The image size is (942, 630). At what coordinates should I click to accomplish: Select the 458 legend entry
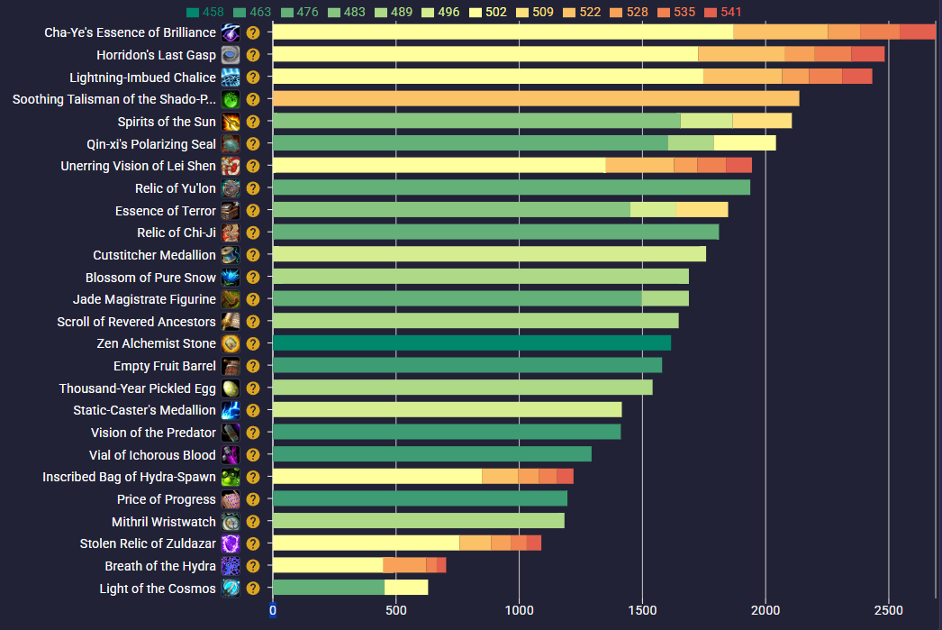[205, 12]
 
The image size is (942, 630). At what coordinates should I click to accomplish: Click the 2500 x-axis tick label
[888, 609]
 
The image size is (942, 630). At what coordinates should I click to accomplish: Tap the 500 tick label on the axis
[395, 609]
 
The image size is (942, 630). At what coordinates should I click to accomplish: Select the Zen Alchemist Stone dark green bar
[471, 343]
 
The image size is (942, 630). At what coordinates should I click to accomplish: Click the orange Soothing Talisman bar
[535, 99]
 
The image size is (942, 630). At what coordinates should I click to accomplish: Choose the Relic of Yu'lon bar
[511, 187]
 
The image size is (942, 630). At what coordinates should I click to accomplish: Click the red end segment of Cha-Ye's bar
[918, 32]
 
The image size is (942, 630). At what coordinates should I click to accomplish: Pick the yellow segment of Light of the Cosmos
[406, 588]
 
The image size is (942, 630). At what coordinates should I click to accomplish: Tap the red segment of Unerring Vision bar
[738, 166]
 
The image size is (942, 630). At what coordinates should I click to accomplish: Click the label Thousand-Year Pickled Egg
[138, 388]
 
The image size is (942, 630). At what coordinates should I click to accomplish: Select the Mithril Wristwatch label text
[164, 522]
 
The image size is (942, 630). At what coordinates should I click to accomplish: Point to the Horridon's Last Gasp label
[156, 55]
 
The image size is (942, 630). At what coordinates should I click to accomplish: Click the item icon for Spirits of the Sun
[231, 122]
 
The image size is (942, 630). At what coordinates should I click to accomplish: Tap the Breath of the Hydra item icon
[231, 566]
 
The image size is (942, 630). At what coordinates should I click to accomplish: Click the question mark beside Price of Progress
[253, 499]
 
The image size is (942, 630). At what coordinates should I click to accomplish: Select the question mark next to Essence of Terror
[253, 211]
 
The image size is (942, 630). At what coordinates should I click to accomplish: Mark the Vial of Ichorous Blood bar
[431, 454]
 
